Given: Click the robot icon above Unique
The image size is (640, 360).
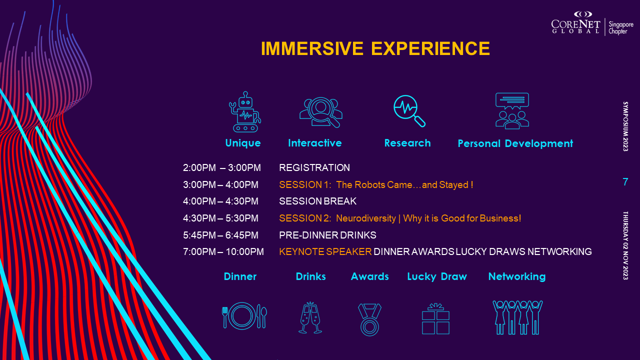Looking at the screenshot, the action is [245, 111].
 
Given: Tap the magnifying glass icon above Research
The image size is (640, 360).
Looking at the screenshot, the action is [409, 111].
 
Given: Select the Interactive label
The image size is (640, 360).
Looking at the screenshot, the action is [315, 143].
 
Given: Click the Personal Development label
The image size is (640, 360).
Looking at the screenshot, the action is [515, 143].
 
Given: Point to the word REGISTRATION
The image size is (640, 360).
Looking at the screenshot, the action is [314, 167].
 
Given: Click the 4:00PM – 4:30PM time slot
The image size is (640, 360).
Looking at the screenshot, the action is [220, 201].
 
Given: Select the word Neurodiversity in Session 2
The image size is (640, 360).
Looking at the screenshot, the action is [366, 218].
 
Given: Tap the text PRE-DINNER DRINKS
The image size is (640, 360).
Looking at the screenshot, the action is [327, 235].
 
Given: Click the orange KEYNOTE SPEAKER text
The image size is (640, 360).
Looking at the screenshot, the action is [325, 251].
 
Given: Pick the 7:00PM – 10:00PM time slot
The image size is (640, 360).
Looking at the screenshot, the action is [223, 251].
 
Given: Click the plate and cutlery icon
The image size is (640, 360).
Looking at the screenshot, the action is [244, 316].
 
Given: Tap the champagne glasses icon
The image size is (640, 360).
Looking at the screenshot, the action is [310, 317].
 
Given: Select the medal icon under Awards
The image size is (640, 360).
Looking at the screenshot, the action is [369, 319].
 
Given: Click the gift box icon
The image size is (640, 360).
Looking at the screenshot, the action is [435, 318].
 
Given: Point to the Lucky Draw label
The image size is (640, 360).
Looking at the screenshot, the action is [437, 276].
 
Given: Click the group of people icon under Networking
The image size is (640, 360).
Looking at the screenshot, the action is [517, 317].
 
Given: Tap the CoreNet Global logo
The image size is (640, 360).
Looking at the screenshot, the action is [592, 23].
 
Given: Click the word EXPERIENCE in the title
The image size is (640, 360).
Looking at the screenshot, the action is [430, 48].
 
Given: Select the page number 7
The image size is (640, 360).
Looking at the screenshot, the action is [625, 181].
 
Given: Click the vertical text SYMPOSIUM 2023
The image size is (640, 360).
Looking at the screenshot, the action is [625, 126].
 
